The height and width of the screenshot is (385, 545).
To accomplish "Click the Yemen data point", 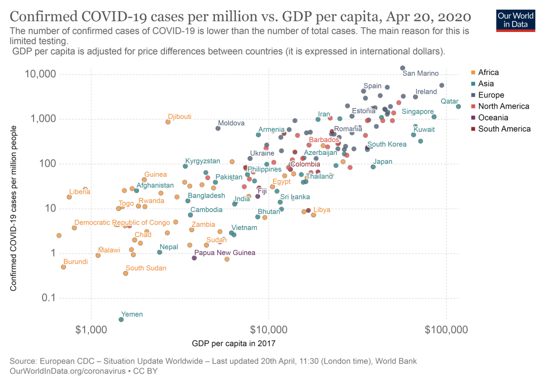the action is point(121,320).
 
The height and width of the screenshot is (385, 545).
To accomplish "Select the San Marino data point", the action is point(402,68).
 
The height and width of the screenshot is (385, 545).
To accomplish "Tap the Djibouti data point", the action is point(168,122).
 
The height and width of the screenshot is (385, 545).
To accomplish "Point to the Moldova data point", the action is point(218,128).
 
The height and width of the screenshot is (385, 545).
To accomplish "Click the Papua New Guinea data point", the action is point(194,258).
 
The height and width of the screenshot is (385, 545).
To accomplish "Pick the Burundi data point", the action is point(63,267).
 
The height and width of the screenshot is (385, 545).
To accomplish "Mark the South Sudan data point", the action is point(126,273).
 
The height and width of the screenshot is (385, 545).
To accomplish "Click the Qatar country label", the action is point(449,101).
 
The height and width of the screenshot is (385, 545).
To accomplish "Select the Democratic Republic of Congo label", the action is point(122,222).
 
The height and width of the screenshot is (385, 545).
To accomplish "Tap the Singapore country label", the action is point(418,112).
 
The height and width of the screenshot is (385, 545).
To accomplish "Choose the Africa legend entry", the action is point(485,72).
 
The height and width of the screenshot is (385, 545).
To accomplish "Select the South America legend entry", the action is point(501,129).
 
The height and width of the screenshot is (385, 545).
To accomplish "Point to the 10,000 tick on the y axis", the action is point(40,73).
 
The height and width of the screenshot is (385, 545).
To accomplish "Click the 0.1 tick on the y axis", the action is point(48,298).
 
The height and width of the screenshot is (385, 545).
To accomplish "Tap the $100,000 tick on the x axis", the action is point(447,330).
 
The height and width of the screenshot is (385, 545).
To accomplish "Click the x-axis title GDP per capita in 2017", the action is point(234,343).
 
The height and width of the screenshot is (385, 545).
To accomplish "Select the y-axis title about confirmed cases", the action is point(13,208).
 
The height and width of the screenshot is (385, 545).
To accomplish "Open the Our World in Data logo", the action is point(516,21).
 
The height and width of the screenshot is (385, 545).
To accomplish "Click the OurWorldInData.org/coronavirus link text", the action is point(68,371).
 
